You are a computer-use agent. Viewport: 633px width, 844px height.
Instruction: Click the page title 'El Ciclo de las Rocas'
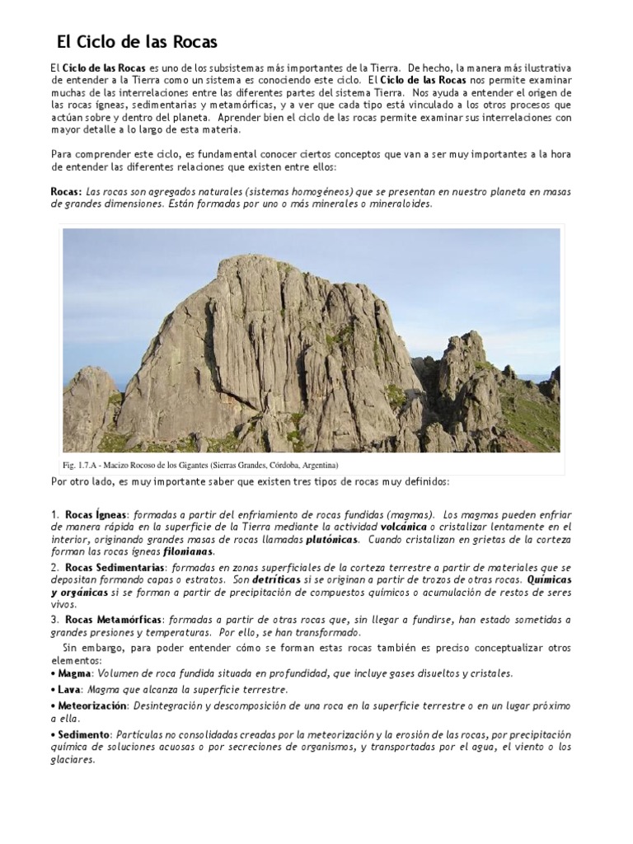coord(136,41)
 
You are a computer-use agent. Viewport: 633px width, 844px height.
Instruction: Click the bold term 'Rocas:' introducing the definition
coord(65,191)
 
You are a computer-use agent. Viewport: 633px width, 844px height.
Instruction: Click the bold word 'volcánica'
coord(403,526)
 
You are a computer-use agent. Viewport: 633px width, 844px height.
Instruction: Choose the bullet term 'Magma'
coord(74,673)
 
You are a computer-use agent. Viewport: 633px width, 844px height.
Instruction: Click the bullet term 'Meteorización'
coord(92,706)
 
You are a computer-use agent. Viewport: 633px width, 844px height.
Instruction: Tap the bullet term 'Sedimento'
coord(83,734)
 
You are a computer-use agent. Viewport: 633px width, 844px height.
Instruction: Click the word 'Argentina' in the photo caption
coord(307,464)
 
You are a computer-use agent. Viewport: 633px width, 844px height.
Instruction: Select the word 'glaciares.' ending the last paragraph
coord(73,761)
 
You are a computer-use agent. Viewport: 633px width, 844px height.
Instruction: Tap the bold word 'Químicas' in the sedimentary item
coord(549,579)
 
